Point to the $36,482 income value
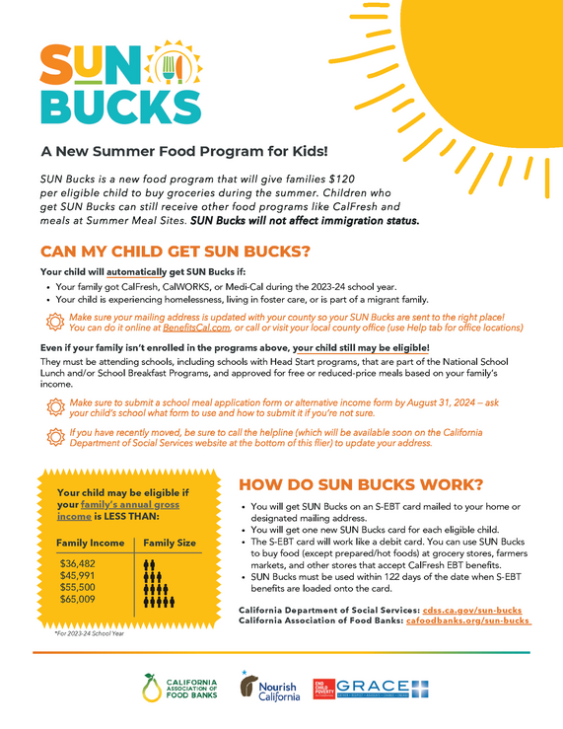(78, 563)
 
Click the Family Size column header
(170, 543)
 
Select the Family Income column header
(91, 543)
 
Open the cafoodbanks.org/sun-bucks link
(469, 620)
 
